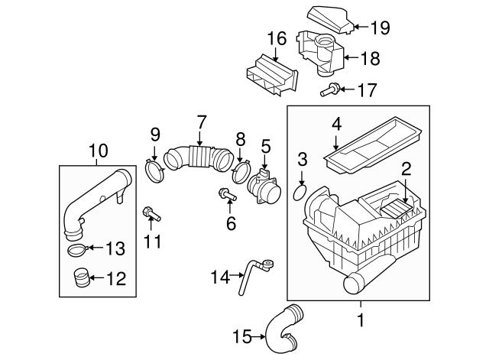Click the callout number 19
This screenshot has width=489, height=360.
380,28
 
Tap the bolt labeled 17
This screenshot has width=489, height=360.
329,91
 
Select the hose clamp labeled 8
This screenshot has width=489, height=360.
243,169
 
